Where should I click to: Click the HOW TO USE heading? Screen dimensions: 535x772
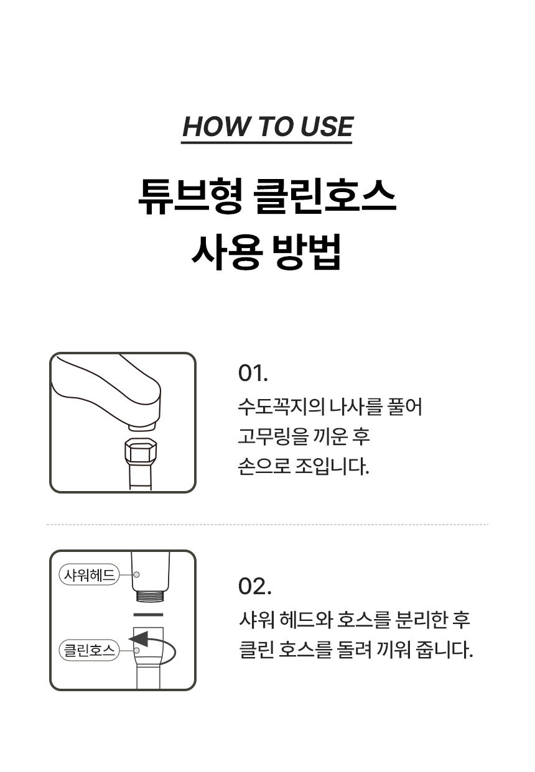coord(267,126)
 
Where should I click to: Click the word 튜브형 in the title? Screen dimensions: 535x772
coord(189,197)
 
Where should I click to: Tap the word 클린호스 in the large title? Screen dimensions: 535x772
coord(325,197)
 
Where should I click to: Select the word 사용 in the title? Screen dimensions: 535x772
coord(226,252)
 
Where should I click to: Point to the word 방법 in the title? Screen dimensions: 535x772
coord(307,252)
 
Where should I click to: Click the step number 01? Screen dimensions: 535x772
coord(253,372)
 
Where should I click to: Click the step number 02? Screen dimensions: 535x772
coord(254,586)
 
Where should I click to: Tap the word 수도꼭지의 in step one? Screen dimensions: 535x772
coord(281,407)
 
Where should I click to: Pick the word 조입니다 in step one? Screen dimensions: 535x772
coord(332,466)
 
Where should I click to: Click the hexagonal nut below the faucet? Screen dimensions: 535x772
coord(141,451)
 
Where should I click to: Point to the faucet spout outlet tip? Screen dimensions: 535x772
coord(142,426)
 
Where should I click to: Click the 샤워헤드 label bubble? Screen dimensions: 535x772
coord(89,574)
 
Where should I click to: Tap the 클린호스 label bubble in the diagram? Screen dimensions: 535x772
coord(89,650)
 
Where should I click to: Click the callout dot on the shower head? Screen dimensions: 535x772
coord(137,574)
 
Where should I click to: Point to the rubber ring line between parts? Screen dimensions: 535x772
coord(148,615)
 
